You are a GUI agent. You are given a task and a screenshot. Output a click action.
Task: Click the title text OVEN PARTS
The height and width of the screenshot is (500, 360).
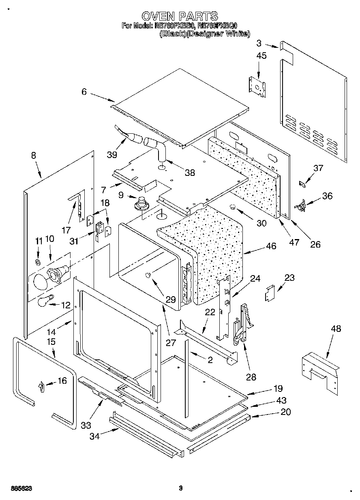pos(180,16)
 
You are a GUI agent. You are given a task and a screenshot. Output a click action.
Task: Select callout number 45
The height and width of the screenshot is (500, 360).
pos(261,56)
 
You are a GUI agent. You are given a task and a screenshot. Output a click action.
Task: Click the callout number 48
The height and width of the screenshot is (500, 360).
pos(336,329)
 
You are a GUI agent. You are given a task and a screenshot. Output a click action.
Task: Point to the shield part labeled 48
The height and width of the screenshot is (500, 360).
pos(320,371)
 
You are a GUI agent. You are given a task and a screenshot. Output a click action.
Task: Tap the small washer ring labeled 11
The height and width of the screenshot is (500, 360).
pos(38,262)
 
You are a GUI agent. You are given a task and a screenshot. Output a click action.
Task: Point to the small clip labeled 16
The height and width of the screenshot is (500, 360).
pos(41,387)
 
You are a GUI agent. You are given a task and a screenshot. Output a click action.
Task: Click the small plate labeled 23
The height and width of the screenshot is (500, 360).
pos(270,293)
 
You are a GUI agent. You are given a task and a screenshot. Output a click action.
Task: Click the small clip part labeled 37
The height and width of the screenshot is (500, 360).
pos(302,184)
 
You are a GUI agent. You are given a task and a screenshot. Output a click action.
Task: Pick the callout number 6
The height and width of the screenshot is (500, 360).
pos(84,92)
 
